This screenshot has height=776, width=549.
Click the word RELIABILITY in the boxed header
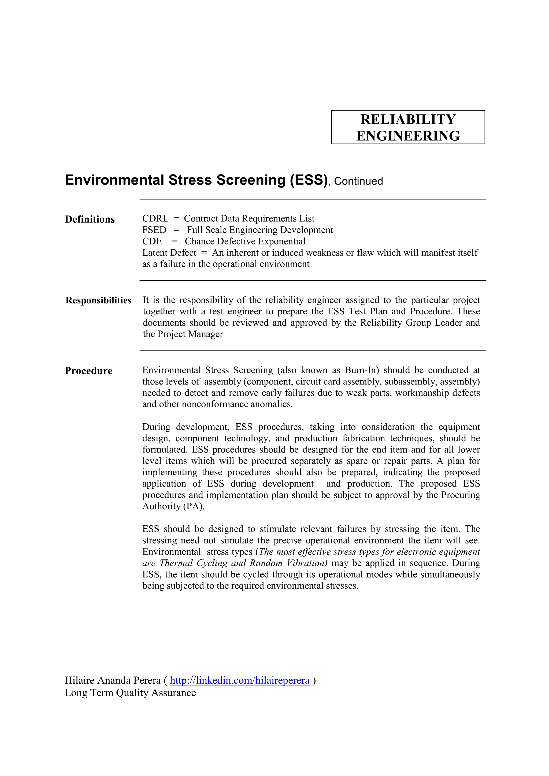(x=408, y=119)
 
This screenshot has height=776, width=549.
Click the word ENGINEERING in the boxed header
(x=408, y=136)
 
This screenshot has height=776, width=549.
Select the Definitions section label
(x=90, y=219)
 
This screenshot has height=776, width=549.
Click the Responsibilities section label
(x=98, y=300)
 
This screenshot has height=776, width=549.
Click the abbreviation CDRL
(x=155, y=219)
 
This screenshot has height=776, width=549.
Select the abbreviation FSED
(x=154, y=230)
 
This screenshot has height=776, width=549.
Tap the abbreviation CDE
(x=152, y=241)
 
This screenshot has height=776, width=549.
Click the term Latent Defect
(x=169, y=253)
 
